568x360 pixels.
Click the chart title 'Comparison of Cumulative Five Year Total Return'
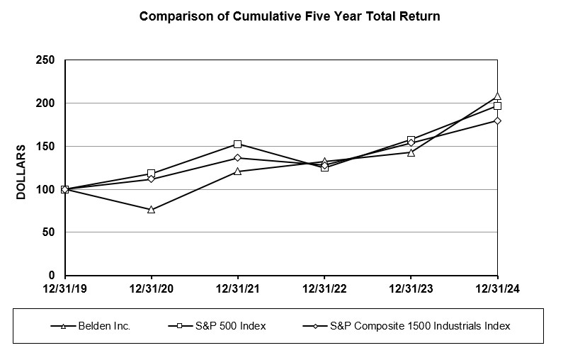pyautogui.click(x=290, y=16)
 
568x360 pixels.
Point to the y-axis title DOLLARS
pyautogui.click(x=21, y=171)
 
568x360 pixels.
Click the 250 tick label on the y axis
pyautogui.click(x=45, y=60)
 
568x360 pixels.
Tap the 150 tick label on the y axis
pyautogui.click(x=45, y=146)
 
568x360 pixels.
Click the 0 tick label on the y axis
pyautogui.click(x=52, y=276)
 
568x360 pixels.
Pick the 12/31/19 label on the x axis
pyautogui.click(x=64, y=289)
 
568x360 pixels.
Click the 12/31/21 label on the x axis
pyautogui.click(x=237, y=289)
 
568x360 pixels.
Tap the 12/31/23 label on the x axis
pyautogui.click(x=411, y=289)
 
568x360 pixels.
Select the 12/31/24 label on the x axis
pyautogui.click(x=497, y=289)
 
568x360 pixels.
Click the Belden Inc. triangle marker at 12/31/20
pyautogui.click(x=152, y=210)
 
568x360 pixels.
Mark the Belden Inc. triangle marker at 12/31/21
pyautogui.click(x=238, y=171)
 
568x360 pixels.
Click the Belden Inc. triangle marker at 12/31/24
pyautogui.click(x=497, y=96)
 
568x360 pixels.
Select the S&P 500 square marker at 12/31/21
pyautogui.click(x=238, y=144)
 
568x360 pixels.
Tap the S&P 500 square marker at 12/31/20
pyautogui.click(x=152, y=174)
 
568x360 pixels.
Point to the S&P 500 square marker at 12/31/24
pyautogui.click(x=497, y=106)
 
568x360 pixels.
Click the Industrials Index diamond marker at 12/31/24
pyautogui.click(x=497, y=120)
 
